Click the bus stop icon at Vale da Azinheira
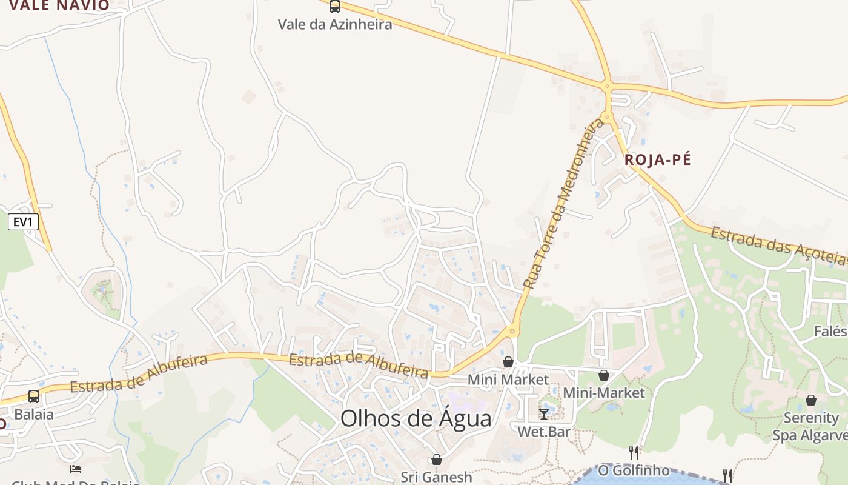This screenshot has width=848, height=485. point(334,7)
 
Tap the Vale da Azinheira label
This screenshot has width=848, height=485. point(334,25)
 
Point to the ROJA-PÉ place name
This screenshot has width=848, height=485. point(657,160)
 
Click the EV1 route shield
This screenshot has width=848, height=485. point(23,222)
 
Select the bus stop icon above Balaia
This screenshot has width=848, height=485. point(34,396)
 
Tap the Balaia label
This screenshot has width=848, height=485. point(34,415)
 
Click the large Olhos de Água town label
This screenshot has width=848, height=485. point(416,418)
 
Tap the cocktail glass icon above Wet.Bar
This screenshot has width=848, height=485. point(544,413)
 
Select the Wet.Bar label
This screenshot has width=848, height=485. point(544,432)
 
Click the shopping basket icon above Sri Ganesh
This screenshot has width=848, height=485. point(436,460)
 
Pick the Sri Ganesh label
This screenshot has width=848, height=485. point(436,477)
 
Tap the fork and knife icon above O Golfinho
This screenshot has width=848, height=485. point(634,452)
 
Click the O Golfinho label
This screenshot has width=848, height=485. point(634,470)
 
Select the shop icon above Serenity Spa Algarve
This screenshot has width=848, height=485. point(810,400)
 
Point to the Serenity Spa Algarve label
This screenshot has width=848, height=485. point(810,426)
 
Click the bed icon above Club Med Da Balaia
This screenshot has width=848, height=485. point(76,469)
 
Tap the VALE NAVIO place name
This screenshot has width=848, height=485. point(59,5)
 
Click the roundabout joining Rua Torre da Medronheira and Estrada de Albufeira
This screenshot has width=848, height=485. point(512,330)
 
